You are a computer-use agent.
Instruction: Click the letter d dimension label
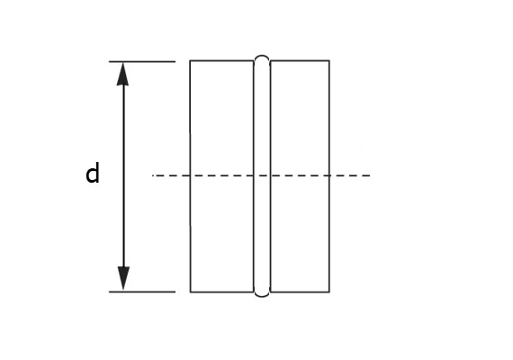click(x=93, y=174)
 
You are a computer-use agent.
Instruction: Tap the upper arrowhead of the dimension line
click(x=122, y=74)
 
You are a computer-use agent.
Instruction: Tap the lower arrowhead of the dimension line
click(x=123, y=278)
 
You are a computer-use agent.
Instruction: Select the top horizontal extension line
click(x=142, y=61)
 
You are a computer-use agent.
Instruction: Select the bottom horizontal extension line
click(x=142, y=292)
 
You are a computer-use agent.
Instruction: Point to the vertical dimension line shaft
click(x=123, y=176)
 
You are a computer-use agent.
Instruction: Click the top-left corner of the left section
click(x=190, y=60)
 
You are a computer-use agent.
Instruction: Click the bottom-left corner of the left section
click(x=191, y=292)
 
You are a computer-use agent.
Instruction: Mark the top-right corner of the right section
click(x=329, y=60)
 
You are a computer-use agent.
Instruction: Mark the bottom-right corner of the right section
click(x=329, y=292)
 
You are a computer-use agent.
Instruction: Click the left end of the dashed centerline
click(x=152, y=175)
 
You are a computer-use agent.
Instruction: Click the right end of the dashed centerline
click(x=370, y=175)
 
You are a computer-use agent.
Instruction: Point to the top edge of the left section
click(x=221, y=60)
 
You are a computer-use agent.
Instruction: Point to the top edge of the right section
click(x=300, y=60)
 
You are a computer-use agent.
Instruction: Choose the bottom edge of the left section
click(x=221, y=292)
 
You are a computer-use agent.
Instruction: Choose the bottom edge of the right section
click(x=300, y=292)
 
